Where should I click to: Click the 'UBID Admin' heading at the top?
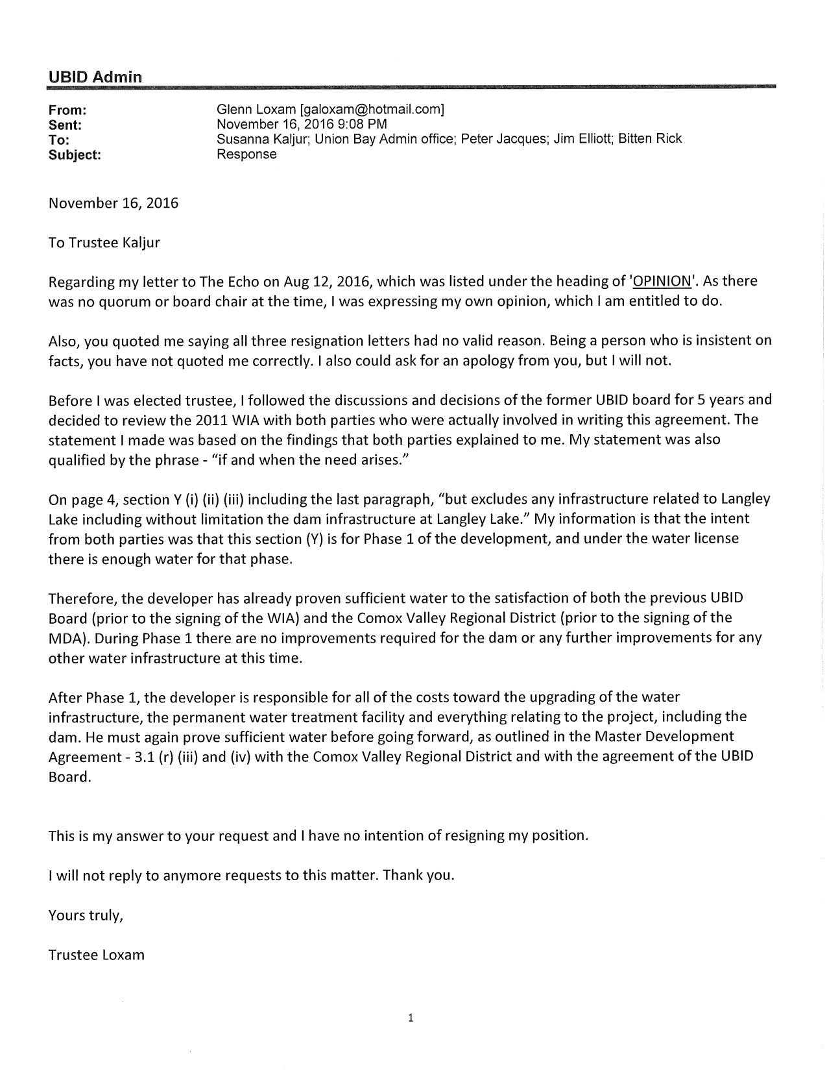(95, 77)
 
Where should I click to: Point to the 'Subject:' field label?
(75, 154)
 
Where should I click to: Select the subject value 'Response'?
(246, 154)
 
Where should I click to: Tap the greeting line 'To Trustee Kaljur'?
(104, 243)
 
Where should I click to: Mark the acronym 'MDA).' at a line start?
(68, 638)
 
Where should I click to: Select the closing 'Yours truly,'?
(86, 915)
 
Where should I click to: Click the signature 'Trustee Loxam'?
(96, 955)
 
